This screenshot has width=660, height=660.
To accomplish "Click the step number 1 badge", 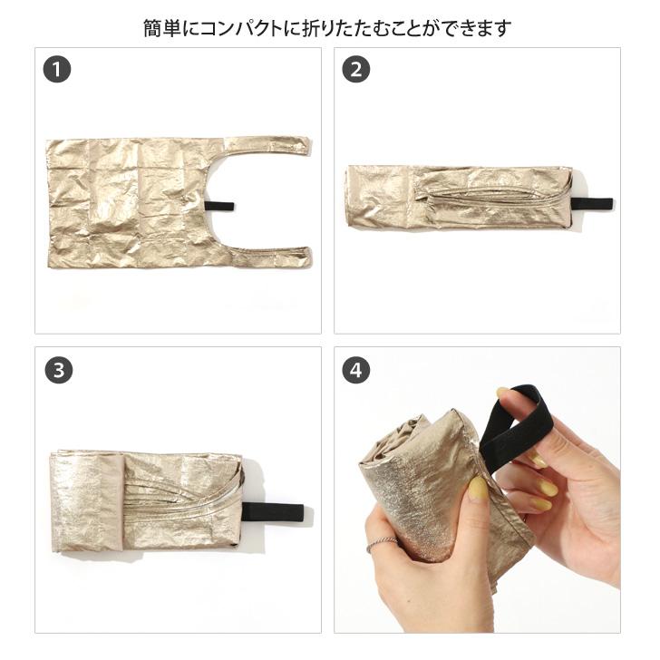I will [x=57, y=70].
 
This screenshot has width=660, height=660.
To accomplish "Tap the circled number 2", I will [x=356, y=70].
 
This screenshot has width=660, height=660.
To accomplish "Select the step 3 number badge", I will [x=57, y=370].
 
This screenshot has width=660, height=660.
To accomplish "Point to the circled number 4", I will [x=356, y=370].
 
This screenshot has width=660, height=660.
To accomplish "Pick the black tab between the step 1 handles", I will [x=218, y=206].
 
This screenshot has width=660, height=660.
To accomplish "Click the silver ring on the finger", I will [x=383, y=543].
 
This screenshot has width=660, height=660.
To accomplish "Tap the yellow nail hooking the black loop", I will [x=502, y=392].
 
